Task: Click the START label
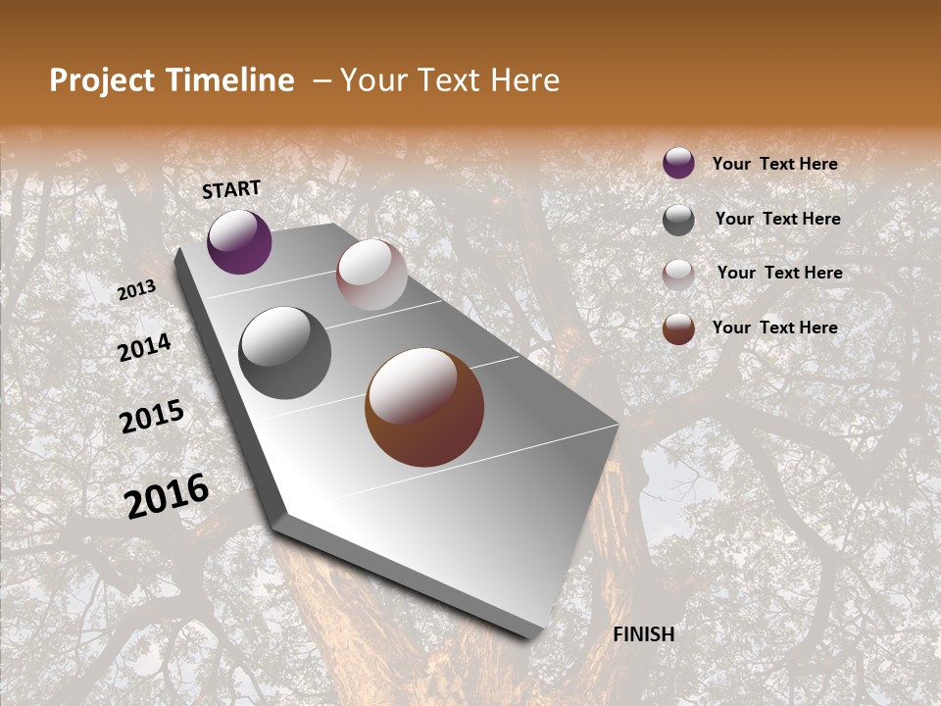coord(231,189)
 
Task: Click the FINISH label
coord(643,634)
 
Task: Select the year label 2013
coord(137,290)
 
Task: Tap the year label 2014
coord(145,348)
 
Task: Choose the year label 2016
coord(167,495)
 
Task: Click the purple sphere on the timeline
coord(239,241)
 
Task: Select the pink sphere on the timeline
coord(371,274)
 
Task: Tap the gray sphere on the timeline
coord(284,352)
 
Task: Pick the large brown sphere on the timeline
coord(424,407)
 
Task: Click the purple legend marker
coord(678,163)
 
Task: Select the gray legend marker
coord(678,220)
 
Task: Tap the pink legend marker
coord(678,275)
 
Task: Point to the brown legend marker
coord(678,328)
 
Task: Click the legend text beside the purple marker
coord(774,164)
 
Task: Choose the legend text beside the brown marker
coord(774,328)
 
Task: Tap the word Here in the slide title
coord(524,80)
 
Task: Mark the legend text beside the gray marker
coord(777,219)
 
